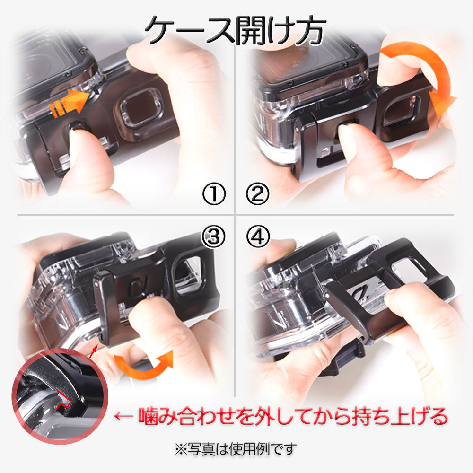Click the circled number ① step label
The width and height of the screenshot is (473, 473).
pyautogui.click(x=214, y=193)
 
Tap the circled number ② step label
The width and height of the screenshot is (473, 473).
pyautogui.click(x=257, y=193)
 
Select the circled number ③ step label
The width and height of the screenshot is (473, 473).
pyautogui.click(x=214, y=236)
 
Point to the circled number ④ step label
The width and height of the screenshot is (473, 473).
pyautogui.click(x=258, y=236)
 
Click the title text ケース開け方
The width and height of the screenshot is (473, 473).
pyautogui.click(x=235, y=30)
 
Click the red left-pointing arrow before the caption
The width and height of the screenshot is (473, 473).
pyautogui.click(x=123, y=416)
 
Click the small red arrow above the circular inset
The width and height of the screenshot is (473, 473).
pyautogui.click(x=93, y=352)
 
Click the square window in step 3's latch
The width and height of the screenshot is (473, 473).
pyautogui.click(x=188, y=274)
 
